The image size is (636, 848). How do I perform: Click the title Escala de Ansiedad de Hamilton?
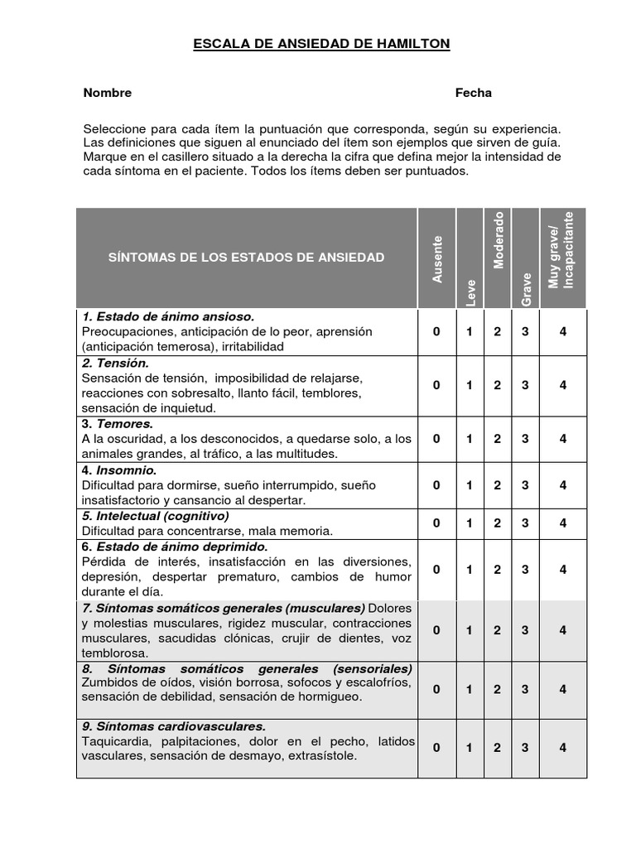click(321, 43)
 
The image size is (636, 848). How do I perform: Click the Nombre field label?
click(107, 93)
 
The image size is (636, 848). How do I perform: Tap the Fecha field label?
click(473, 93)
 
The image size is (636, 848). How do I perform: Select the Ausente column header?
click(437, 259)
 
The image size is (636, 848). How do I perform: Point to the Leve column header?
click(470, 292)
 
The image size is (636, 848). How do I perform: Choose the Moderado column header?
click(498, 240)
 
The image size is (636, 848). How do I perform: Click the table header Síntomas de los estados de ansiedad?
click(247, 258)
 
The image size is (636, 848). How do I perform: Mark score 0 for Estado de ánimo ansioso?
click(437, 332)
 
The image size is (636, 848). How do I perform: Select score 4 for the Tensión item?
click(562, 385)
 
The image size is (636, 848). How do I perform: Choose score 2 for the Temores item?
click(497, 439)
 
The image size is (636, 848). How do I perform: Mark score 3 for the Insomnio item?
click(525, 485)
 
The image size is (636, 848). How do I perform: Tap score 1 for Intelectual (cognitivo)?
click(469, 523)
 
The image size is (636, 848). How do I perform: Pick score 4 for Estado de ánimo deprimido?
click(562, 570)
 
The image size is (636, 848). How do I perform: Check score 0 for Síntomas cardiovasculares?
click(437, 748)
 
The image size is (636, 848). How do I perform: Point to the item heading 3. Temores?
click(118, 423)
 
